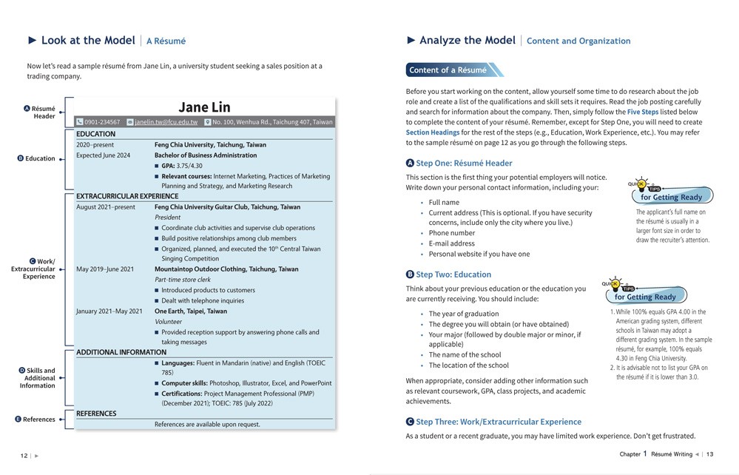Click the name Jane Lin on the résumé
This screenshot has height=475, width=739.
point(204,108)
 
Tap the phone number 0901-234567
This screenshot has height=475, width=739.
point(102,122)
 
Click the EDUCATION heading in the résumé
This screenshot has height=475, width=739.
point(95,134)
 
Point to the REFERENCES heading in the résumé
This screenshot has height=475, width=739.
point(96,414)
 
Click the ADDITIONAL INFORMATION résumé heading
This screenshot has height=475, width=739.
point(121,352)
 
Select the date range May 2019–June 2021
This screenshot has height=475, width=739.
point(105,269)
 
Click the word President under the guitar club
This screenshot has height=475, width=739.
point(167,218)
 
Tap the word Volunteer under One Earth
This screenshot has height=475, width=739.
point(168,322)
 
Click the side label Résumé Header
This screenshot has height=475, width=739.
point(44,112)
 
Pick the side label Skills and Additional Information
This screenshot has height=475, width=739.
point(38,378)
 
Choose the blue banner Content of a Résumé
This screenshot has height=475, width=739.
point(448,70)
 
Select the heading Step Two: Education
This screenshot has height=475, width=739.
point(453,274)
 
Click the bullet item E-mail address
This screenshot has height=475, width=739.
point(451,243)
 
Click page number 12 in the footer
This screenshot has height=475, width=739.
point(24,456)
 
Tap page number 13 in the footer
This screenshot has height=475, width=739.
point(709,454)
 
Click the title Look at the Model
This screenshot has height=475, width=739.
point(88,41)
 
